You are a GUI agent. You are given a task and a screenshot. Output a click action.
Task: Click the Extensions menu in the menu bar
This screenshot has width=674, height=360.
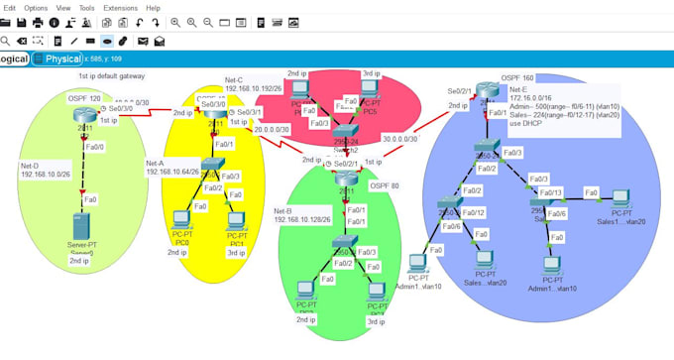point(120,7)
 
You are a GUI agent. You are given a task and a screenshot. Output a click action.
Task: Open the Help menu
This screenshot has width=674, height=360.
point(154,7)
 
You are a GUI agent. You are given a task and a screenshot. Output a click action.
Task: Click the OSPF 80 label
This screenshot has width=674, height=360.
point(385,184)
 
